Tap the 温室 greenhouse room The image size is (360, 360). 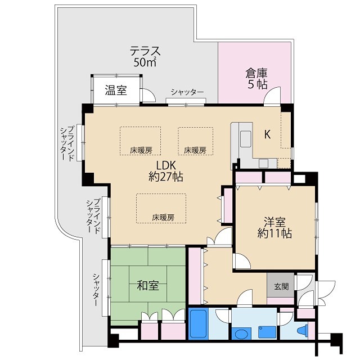tap(115, 90)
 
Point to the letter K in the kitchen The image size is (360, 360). tap(268, 134)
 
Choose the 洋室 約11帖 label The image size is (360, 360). tap(274, 226)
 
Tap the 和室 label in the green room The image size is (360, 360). tap(148, 285)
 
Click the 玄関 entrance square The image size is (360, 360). tap(281, 286)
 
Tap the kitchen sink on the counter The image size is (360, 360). tap(246, 138)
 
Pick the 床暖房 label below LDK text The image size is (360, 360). tap(162, 217)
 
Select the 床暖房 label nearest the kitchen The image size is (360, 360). tap(195, 150)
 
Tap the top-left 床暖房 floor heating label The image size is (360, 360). tap(141, 150)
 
